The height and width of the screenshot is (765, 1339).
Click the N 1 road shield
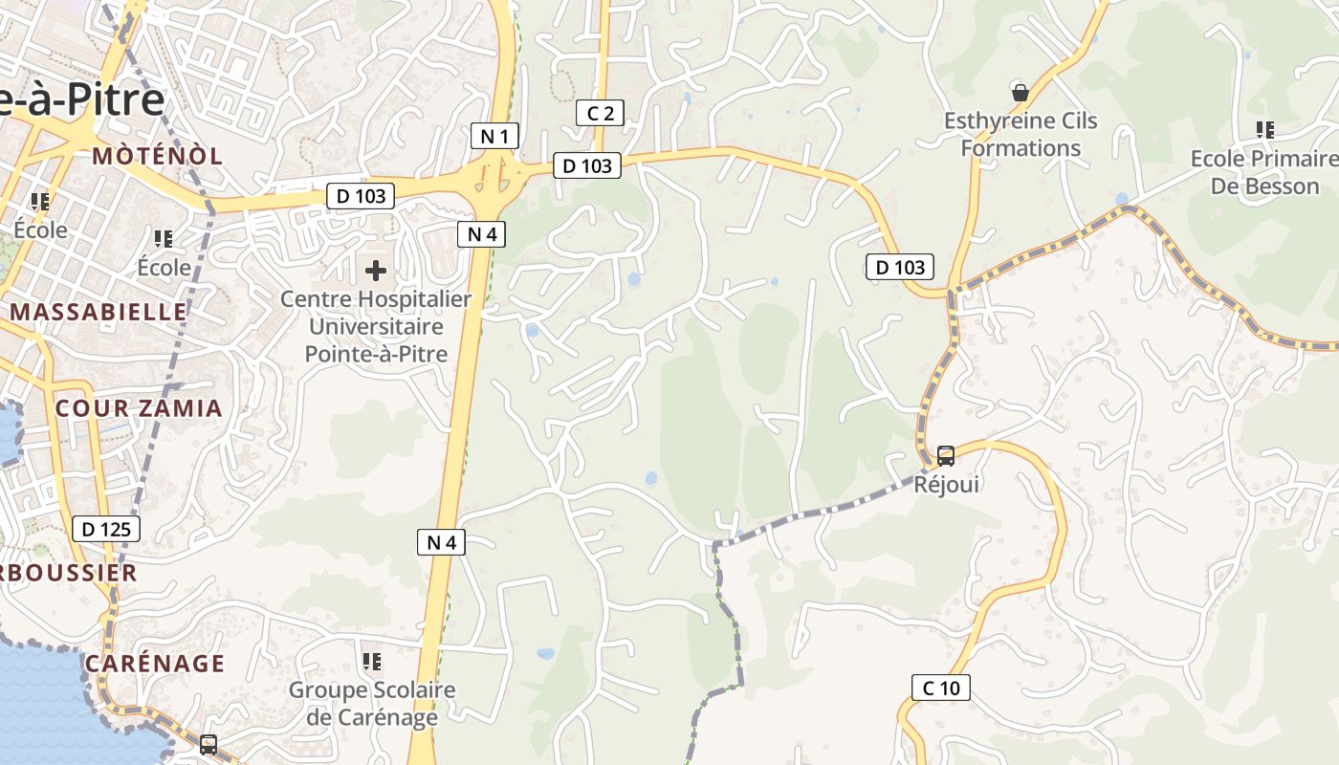(494, 136)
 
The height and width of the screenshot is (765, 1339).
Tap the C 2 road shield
(600, 114)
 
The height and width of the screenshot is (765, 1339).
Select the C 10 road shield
(941, 687)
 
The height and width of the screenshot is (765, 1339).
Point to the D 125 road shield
(106, 529)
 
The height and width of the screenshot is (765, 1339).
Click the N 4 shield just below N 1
(481, 234)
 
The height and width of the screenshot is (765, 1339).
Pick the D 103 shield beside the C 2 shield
(587, 165)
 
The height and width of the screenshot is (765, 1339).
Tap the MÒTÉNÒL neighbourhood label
(158, 156)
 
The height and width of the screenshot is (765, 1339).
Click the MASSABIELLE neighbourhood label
(99, 312)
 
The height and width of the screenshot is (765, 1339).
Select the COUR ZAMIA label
(139, 408)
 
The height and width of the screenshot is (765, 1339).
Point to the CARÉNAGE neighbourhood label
(155, 663)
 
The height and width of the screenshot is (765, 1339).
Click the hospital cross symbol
(376, 271)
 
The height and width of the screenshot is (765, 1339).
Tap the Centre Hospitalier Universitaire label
(376, 326)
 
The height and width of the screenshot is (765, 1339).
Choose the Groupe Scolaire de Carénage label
(372, 703)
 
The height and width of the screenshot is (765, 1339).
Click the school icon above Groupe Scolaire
(372, 661)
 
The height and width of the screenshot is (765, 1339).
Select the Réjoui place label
(946, 484)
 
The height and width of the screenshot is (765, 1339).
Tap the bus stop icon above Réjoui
(946, 455)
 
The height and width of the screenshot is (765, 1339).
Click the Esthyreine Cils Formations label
(1021, 134)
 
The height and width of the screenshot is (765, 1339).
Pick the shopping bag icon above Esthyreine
(1021, 93)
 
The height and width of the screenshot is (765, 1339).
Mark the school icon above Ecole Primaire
(1265, 129)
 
